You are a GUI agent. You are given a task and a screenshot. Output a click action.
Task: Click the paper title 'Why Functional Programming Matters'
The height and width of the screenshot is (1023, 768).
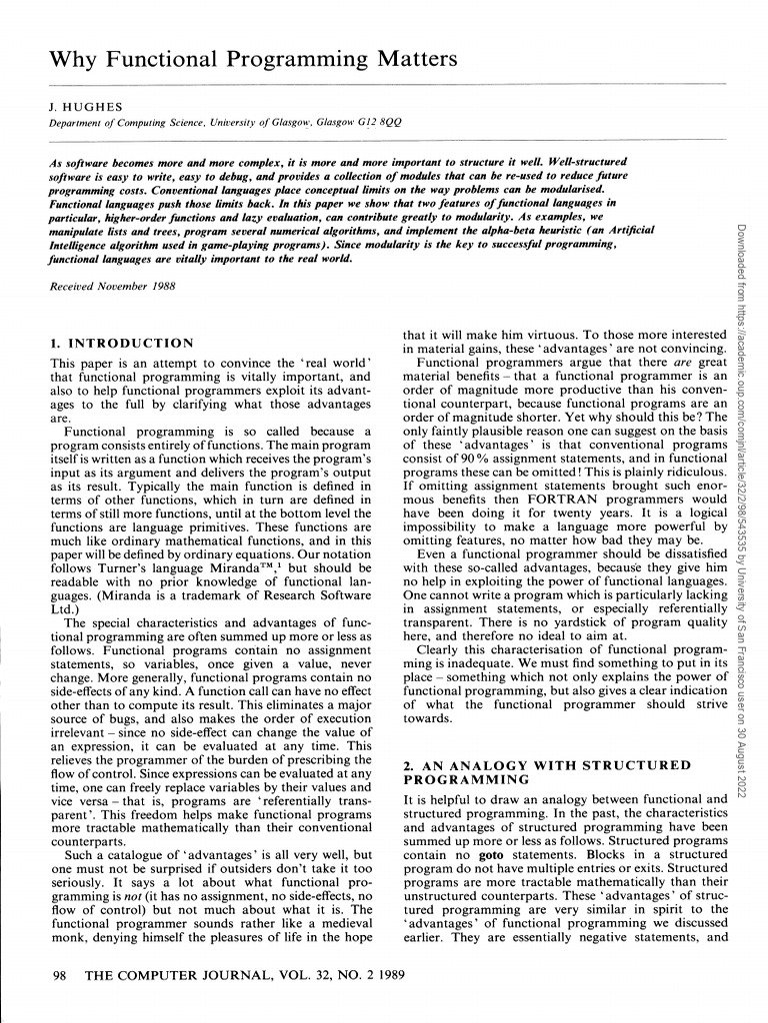(x=253, y=59)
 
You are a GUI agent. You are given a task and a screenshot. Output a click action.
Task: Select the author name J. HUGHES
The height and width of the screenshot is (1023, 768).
(x=80, y=104)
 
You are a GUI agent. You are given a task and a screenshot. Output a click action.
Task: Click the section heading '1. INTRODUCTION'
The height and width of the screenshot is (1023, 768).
(x=121, y=343)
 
